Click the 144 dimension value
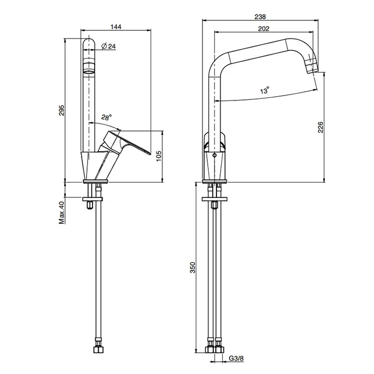pos(116,27)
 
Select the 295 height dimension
pos(61,110)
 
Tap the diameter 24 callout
pos(108,46)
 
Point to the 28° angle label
pos(106,117)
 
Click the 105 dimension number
pos(159,156)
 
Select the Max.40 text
pos(61,212)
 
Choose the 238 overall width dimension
pos(260,17)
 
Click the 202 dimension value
pos(263,29)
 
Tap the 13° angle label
pos(264,90)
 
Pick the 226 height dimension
pos(321,127)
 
